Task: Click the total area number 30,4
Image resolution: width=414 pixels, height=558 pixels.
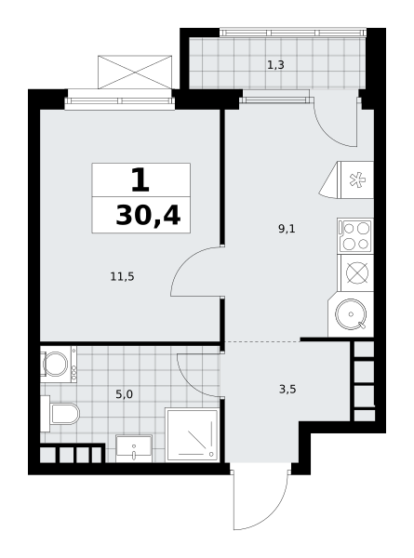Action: point(148,216)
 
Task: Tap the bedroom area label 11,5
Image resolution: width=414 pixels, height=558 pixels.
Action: point(123,276)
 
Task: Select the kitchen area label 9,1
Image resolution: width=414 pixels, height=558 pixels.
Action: point(287,229)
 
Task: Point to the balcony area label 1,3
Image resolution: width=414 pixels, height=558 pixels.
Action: point(275,65)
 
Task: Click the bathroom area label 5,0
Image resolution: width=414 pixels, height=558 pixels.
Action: point(125,394)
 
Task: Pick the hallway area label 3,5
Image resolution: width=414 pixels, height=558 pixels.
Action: point(287,389)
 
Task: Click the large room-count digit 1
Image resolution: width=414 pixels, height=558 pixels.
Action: point(140,179)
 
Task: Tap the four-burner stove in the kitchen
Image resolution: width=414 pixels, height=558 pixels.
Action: point(355,235)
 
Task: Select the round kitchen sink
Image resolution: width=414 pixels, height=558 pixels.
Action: point(351,314)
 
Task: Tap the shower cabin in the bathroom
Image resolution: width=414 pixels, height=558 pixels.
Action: point(193,434)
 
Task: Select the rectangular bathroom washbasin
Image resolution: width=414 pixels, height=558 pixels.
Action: point(134,448)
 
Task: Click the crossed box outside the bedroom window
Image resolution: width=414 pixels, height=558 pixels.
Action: point(135,72)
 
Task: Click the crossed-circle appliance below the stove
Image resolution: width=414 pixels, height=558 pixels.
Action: point(357,272)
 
